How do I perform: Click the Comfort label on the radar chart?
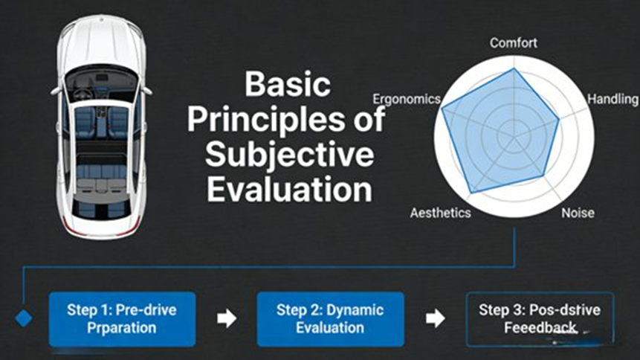point(513,42)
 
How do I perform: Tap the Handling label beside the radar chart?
point(612,99)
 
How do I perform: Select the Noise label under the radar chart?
point(578,213)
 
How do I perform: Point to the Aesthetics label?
point(440,213)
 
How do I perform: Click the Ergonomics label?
point(406,99)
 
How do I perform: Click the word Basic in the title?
point(288,84)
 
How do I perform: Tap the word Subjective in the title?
point(289,154)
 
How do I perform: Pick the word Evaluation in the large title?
point(289,189)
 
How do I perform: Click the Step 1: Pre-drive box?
point(123,318)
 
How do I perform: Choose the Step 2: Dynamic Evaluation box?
point(330,318)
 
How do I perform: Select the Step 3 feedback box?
point(540,318)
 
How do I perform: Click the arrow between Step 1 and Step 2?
point(227,318)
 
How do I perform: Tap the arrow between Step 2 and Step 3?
point(435,318)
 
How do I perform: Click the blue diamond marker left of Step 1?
point(24,318)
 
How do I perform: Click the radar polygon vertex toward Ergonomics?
point(442,109)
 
